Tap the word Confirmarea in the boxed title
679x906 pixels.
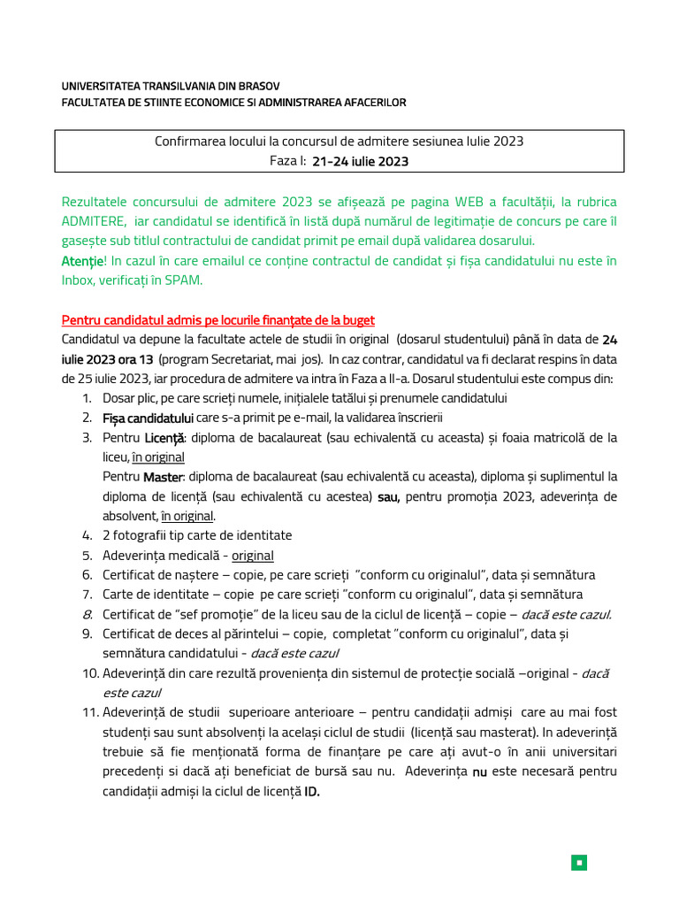point(189,141)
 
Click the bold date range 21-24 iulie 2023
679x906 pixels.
point(361,161)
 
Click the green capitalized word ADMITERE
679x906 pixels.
point(94,221)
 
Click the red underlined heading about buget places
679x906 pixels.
point(218,319)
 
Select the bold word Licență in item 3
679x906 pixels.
point(164,437)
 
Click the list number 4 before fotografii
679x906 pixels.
point(87,535)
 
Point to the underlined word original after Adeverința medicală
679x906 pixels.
point(253,556)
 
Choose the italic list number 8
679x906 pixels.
point(87,614)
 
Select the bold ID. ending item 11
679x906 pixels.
point(311,791)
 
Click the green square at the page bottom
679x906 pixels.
point(578,862)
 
